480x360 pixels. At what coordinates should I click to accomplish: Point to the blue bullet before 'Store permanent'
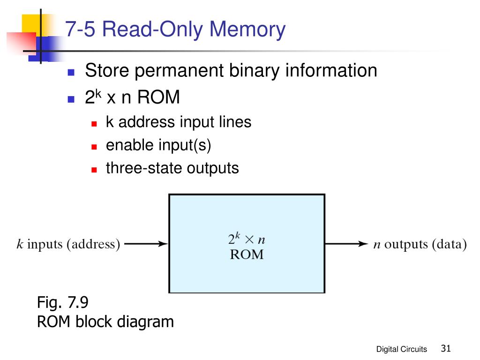point(71,72)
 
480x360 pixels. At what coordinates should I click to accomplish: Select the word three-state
point(144,168)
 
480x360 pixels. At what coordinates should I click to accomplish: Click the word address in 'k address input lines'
point(148,122)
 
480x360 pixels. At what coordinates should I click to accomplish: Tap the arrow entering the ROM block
point(146,244)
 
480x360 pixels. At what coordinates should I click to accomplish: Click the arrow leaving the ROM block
point(346,244)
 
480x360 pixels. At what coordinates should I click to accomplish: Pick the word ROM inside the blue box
point(247,255)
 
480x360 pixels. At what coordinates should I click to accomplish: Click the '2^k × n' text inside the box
point(247,239)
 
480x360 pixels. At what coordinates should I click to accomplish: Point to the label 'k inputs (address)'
point(68,244)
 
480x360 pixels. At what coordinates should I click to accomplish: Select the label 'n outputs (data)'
point(420,244)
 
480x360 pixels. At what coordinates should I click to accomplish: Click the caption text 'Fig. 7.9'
point(63,303)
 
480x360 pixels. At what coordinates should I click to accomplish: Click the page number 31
point(445,348)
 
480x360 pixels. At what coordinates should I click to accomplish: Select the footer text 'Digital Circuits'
point(402,349)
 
